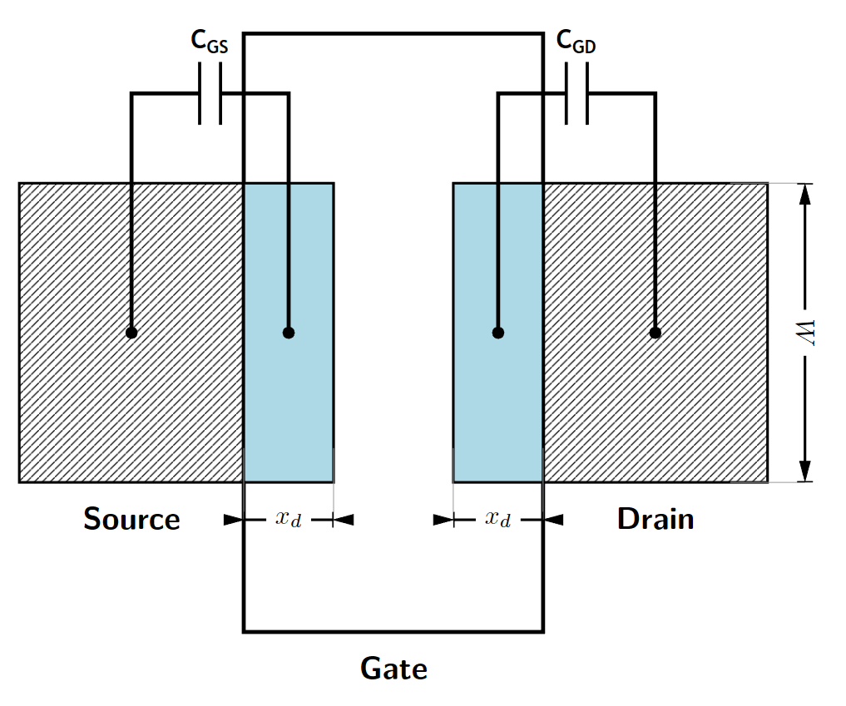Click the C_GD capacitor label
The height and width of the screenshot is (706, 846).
pyautogui.click(x=576, y=42)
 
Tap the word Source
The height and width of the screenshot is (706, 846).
pyautogui.click(x=131, y=519)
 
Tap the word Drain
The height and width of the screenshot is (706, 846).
pyautogui.click(x=656, y=519)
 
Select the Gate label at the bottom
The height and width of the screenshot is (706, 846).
pyautogui.click(x=393, y=668)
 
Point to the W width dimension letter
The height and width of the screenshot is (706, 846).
pyautogui.click(x=805, y=333)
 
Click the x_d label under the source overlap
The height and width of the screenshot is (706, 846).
pyautogui.click(x=288, y=519)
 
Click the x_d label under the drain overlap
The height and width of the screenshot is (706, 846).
pyautogui.click(x=497, y=519)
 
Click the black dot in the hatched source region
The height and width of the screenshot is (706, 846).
pyautogui.click(x=131, y=333)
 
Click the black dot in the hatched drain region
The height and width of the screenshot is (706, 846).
pyautogui.click(x=656, y=333)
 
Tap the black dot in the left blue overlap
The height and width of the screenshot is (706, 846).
pyautogui.click(x=289, y=333)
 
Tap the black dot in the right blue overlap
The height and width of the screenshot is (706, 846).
pyautogui.click(x=498, y=333)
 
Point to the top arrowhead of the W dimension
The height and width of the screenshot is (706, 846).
pyautogui.click(x=805, y=193)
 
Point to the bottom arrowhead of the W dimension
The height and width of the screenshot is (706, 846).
pyautogui.click(x=805, y=471)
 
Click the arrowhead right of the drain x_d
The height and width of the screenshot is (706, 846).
pyautogui.click(x=554, y=520)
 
